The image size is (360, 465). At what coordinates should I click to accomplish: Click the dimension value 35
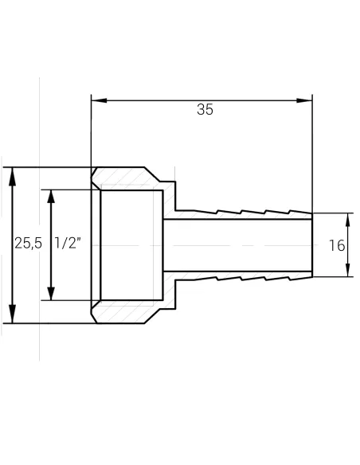click(x=205, y=111)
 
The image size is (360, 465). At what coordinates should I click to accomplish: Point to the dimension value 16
click(x=337, y=245)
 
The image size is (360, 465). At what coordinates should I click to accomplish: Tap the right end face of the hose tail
click(x=311, y=245)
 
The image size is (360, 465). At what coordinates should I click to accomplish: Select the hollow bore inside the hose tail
click(x=239, y=245)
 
